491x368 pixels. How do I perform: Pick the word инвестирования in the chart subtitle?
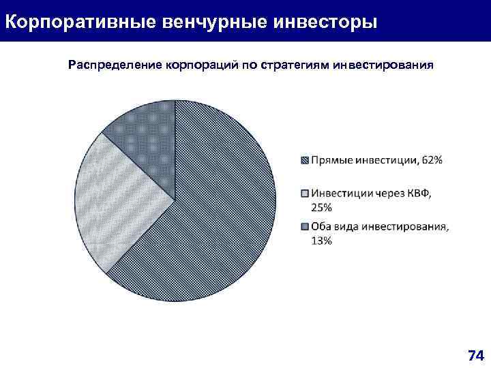click(383, 66)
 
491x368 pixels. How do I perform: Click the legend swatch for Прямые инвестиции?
click(305, 161)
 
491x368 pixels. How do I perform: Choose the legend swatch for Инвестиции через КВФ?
click(305, 194)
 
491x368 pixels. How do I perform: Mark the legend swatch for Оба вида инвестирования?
click(305, 227)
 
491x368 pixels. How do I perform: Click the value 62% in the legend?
click(432, 160)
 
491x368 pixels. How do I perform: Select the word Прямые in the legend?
click(329, 161)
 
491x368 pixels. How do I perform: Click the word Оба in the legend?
click(322, 227)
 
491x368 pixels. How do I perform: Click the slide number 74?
click(475, 355)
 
